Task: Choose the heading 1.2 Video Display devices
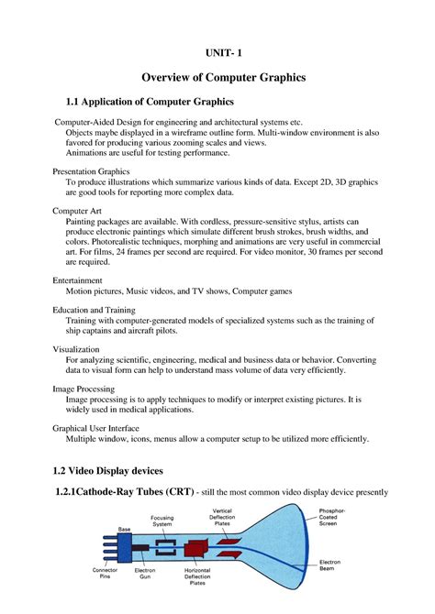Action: point(109,470)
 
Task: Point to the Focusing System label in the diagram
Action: point(162,521)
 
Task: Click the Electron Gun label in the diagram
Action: point(145,574)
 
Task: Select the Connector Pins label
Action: point(105,574)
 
